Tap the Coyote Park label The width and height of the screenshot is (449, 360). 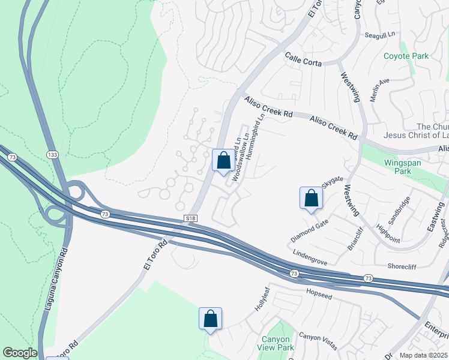click(406, 56)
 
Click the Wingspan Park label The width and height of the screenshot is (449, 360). click(403, 167)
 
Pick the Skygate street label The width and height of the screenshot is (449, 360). click(333, 182)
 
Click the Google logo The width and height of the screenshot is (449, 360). click(20, 353)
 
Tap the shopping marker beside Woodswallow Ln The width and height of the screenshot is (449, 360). click(223, 160)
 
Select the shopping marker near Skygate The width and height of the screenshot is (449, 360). click(311, 198)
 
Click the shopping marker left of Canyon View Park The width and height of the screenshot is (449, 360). click(211, 318)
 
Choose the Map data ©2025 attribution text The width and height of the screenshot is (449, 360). click(423, 355)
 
